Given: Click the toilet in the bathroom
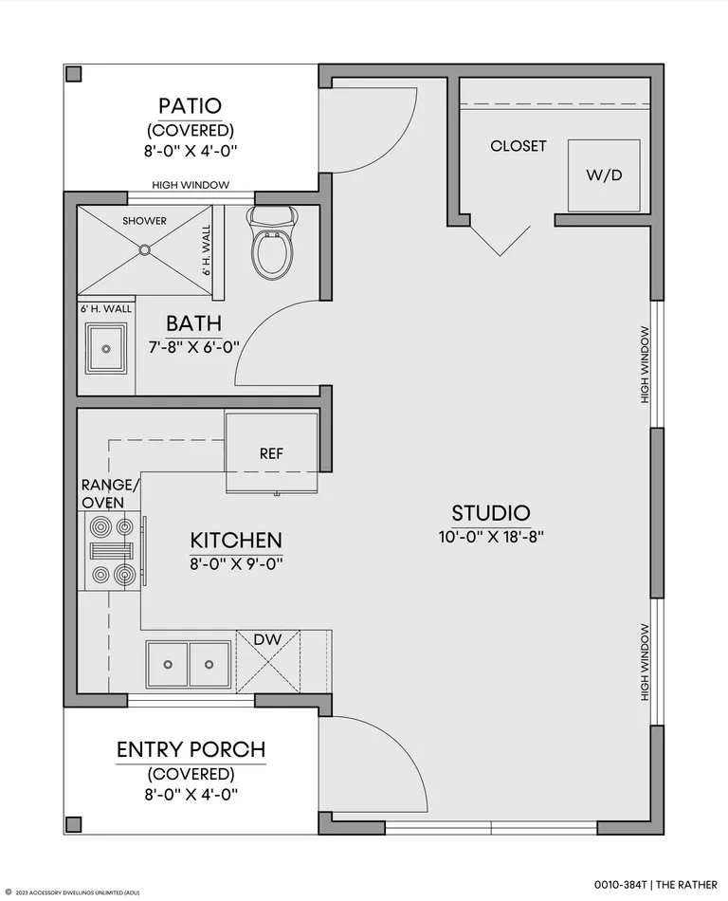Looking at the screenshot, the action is tap(272, 243).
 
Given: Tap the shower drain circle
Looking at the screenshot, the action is tap(145, 250).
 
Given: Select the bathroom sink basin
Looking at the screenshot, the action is tap(106, 348).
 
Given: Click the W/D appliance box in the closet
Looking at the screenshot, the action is tap(604, 175).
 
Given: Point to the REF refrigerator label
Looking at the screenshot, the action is tap(271, 454).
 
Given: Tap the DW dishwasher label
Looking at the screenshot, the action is tap(267, 639).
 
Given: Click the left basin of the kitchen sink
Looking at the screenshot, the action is tap(168, 664).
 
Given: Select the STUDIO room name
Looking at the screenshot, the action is tap(491, 512).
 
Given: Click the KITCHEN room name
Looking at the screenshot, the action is tap(236, 541).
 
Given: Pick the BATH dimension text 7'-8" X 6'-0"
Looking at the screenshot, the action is tap(194, 347).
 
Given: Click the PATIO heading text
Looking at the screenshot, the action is tap(190, 105).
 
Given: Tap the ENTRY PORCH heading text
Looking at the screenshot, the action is tap(191, 749).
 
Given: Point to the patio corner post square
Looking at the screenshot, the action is tap(74, 74).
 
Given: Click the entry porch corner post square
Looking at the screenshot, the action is tap(74, 824).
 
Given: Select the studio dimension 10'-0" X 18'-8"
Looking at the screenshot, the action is tap(491, 537).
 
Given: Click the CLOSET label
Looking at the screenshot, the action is tap(519, 146).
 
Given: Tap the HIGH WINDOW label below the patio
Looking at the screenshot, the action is tap(191, 185).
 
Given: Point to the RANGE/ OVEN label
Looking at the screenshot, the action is tap(110, 493).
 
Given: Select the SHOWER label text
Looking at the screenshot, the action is tap(144, 221).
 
